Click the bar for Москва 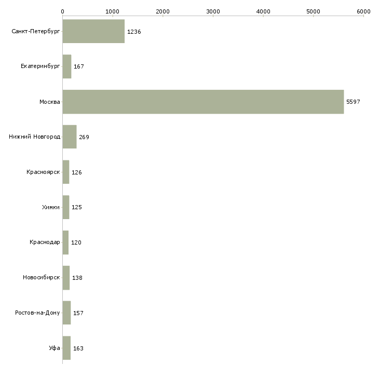[202, 102]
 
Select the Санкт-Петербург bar [93, 32]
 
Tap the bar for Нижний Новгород [69, 137]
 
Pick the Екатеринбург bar [66, 66]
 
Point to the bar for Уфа [66, 348]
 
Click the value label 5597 [353, 102]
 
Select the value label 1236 [134, 32]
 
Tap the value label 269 [84, 137]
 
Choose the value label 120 [76, 242]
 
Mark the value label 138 [77, 278]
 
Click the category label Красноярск [43, 172]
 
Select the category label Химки [51, 207]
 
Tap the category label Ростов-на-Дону [37, 313]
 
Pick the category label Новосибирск [42, 278]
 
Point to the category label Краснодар [45, 242]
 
